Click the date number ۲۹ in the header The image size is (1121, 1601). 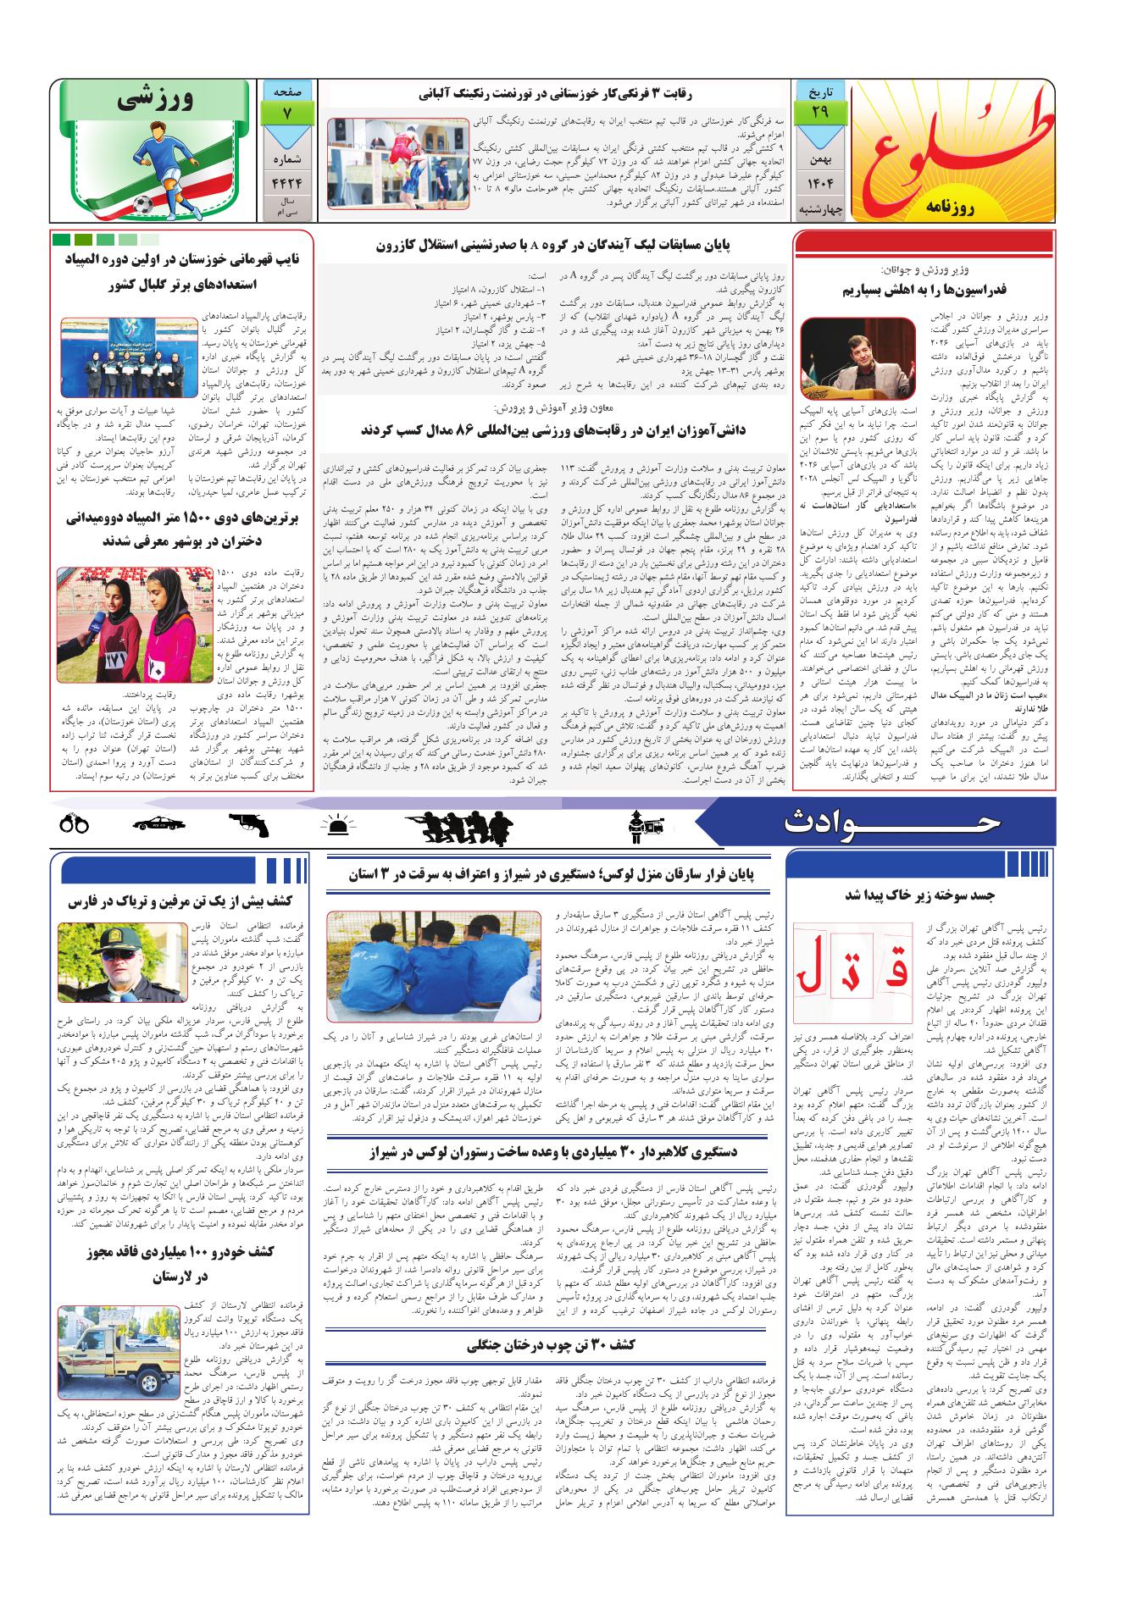[x=819, y=113]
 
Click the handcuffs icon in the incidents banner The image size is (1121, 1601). [x=75, y=823]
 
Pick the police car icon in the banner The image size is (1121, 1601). [x=164, y=823]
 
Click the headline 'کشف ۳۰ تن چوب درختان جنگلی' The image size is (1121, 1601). [x=549, y=1345]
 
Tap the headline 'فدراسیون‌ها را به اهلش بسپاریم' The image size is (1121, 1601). [x=922, y=290]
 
